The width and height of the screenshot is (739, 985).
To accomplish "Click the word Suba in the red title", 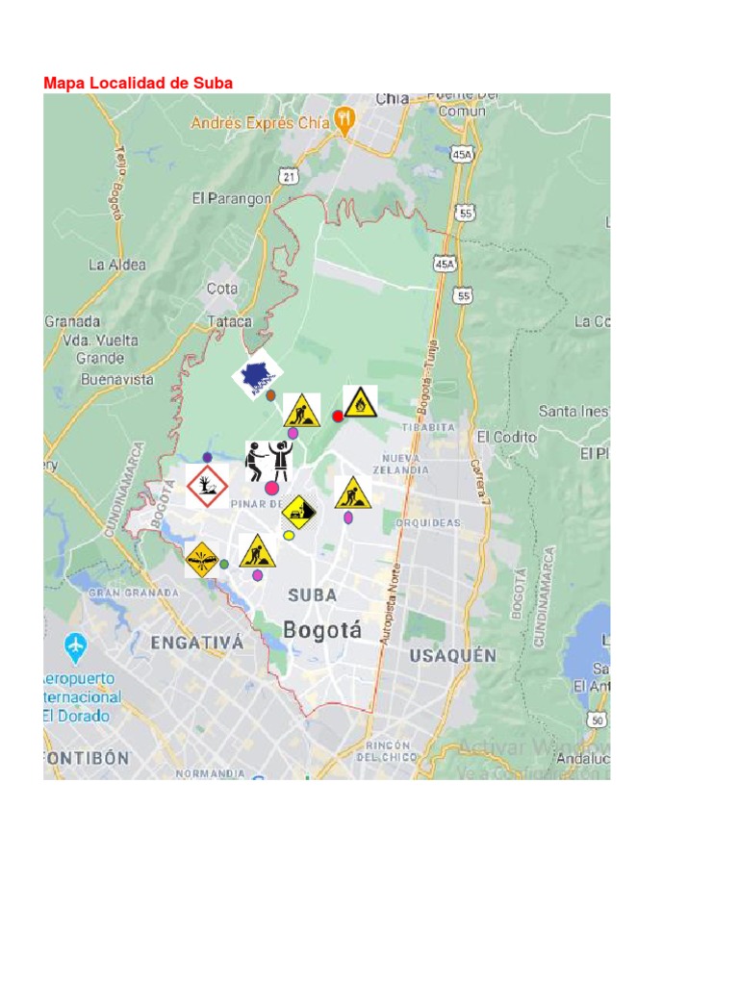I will (x=214, y=84).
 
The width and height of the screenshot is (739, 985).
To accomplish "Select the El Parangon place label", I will (x=231, y=198).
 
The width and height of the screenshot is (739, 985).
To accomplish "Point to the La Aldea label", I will (x=117, y=265).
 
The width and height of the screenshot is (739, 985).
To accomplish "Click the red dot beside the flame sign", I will (x=338, y=416).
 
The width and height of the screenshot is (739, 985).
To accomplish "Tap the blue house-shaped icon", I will (x=257, y=377).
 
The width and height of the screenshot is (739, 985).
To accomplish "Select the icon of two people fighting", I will (x=268, y=461).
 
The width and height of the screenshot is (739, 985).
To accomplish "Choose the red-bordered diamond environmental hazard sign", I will (x=207, y=487).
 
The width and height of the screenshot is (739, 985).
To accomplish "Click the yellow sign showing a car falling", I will (x=298, y=511).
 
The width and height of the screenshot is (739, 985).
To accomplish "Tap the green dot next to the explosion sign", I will (x=223, y=565).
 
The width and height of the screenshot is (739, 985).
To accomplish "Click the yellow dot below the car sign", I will (x=289, y=536).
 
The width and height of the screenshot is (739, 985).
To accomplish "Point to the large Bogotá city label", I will (x=322, y=631).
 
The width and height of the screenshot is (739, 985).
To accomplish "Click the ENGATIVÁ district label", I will (x=196, y=643).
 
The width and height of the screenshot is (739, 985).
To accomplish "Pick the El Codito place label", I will (x=506, y=437).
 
